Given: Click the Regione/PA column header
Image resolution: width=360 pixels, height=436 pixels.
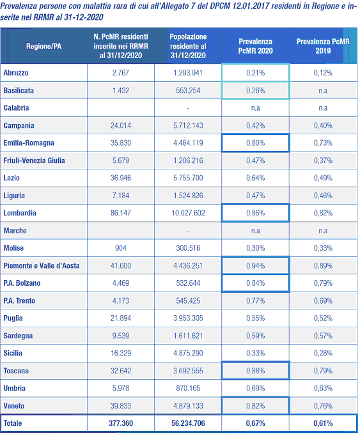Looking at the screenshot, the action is (43, 46).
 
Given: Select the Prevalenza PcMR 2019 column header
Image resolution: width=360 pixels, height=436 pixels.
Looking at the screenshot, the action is (323, 46).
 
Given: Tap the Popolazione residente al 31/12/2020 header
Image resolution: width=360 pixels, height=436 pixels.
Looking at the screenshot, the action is (188, 46).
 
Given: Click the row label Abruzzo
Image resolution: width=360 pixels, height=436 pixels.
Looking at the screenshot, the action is (16, 73).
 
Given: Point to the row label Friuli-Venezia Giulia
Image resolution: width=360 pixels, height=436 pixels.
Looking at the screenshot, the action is (34, 160).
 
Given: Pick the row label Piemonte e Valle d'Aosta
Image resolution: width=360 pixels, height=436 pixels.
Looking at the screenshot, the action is (42, 266).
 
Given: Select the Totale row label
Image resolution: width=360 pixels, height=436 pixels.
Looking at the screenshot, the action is (13, 423).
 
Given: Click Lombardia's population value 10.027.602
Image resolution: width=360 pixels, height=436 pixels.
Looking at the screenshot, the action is (188, 213).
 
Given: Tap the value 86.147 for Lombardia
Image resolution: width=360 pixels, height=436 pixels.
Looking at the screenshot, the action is (121, 213).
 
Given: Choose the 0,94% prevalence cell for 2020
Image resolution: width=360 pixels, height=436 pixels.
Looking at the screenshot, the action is (255, 266).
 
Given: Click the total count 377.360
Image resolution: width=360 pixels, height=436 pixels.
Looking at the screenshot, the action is (121, 423).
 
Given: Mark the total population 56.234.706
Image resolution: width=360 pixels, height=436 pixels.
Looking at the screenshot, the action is (188, 423).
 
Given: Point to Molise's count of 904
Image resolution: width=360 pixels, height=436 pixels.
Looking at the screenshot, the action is (121, 248).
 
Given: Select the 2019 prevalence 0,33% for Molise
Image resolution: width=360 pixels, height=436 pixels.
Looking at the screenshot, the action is (323, 248).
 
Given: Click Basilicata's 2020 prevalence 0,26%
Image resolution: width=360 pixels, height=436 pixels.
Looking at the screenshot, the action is (255, 90).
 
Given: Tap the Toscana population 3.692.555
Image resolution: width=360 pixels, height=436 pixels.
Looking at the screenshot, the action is (188, 371).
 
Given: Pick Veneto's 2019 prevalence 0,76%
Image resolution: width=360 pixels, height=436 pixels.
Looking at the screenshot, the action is (323, 406).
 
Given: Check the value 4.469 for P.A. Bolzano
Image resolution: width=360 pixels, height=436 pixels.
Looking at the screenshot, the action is (121, 283).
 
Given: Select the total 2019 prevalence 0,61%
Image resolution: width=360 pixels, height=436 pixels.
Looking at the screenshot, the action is (323, 423).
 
